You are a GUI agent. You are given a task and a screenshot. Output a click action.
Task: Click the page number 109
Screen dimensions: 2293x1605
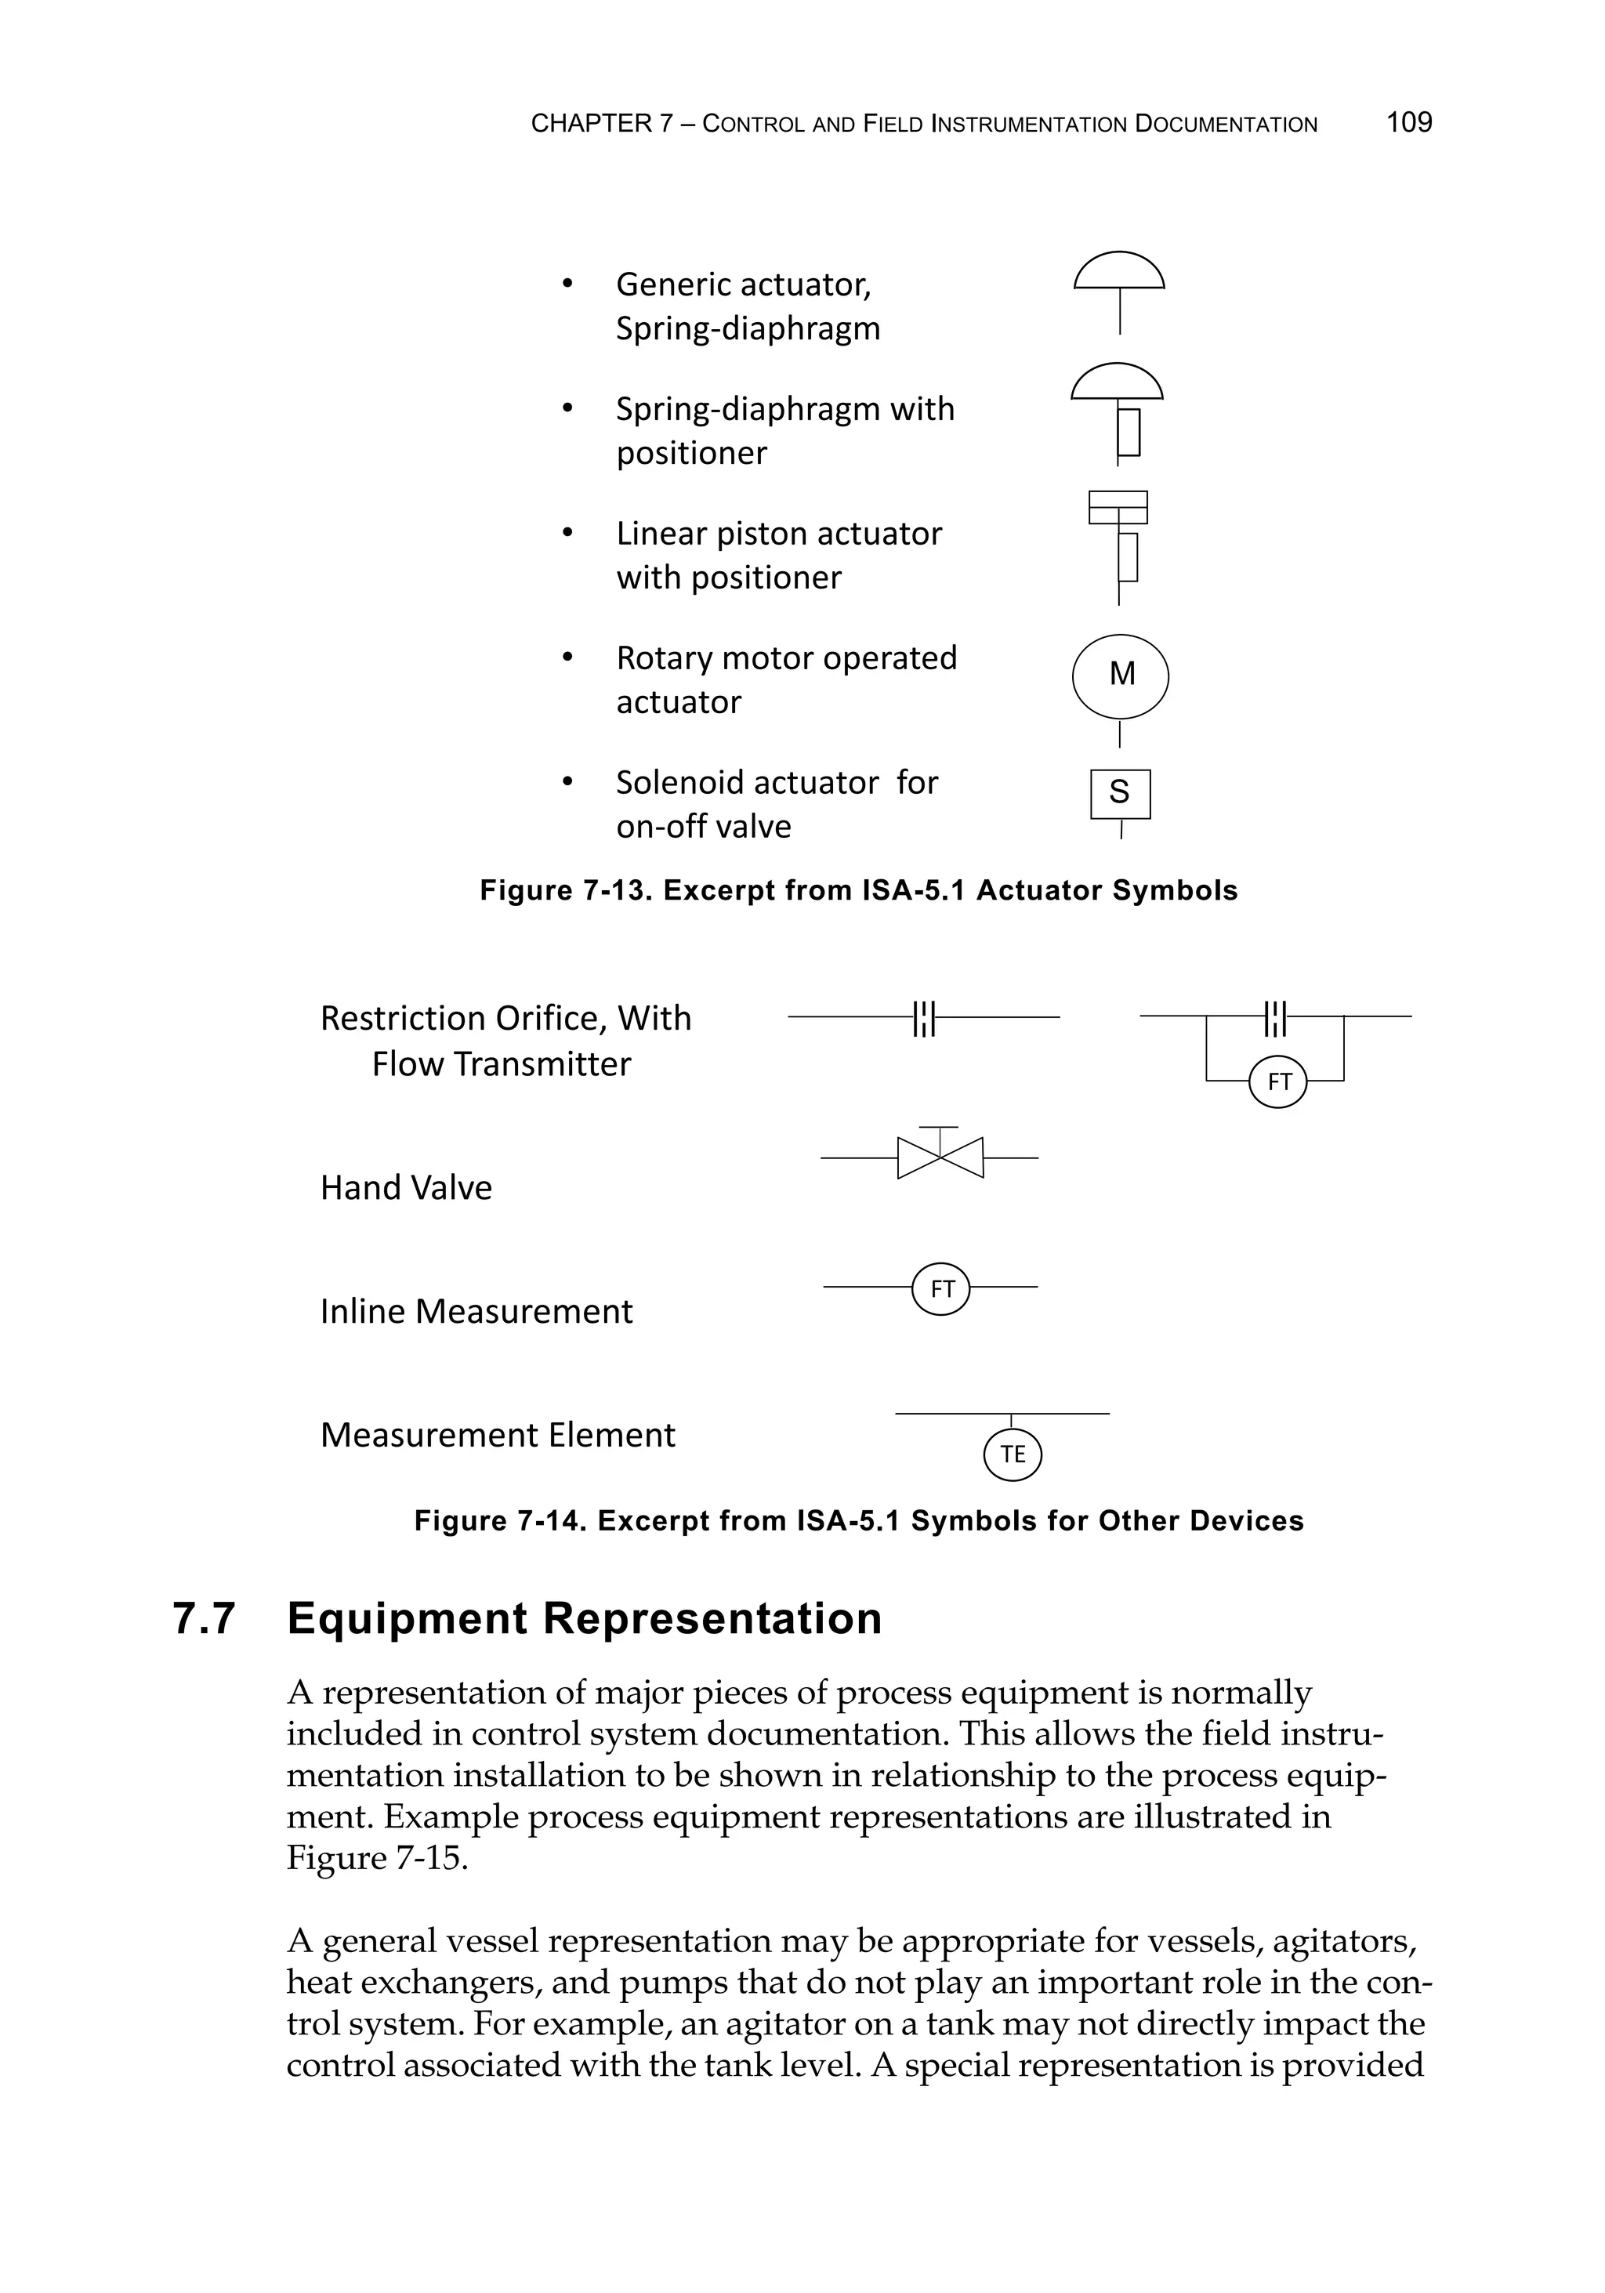[x=1408, y=123]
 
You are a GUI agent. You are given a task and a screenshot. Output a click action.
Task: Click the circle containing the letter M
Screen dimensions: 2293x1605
[x=1120, y=676]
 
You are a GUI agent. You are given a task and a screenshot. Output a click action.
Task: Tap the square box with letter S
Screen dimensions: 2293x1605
[x=1120, y=793]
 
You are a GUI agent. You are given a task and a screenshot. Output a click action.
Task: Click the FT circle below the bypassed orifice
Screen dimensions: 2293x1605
[x=1277, y=1081]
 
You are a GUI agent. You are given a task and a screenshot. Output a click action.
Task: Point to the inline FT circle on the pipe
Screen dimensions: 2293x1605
[x=941, y=1288]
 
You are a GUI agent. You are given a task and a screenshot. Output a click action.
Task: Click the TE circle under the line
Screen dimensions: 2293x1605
[x=1012, y=1454]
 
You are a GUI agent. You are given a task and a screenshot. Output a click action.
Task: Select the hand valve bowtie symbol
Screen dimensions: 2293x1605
[x=940, y=1157]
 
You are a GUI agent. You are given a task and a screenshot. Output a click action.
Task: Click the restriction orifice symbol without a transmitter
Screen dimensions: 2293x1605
[x=924, y=1018]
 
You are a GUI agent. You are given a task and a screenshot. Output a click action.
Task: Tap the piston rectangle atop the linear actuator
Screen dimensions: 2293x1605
[x=1118, y=507]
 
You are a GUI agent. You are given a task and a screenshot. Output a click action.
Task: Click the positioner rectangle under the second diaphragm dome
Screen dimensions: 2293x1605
[x=1129, y=432]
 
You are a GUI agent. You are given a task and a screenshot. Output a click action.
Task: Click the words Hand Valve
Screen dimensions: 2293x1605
[x=405, y=1187]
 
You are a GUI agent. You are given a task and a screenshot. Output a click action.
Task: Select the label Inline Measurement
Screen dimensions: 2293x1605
[x=476, y=1311]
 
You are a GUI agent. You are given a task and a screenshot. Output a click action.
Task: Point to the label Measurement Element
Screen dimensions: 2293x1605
[x=498, y=1435]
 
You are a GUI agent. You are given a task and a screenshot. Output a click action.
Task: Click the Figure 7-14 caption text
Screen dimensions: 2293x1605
[x=858, y=1521]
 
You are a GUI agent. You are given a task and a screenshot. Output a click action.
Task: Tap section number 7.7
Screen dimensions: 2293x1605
[x=205, y=1619]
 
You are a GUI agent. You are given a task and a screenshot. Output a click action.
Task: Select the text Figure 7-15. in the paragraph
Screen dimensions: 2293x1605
[x=376, y=1857]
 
